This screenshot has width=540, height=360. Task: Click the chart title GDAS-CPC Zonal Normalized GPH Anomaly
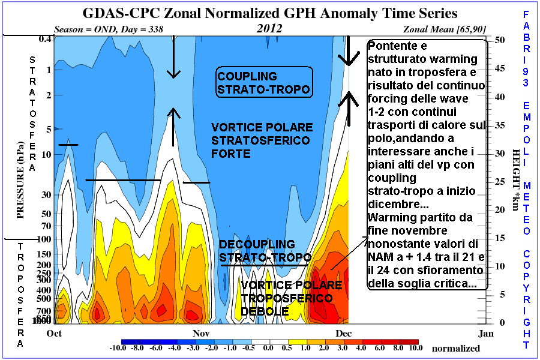coord(269,13)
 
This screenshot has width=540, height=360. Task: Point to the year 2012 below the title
coord(270,28)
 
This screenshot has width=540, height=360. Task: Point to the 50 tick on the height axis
coord(499,40)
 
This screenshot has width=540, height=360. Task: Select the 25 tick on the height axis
coord(499,181)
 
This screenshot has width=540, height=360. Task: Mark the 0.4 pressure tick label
coord(45,39)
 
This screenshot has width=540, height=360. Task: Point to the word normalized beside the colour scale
coord(456,348)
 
